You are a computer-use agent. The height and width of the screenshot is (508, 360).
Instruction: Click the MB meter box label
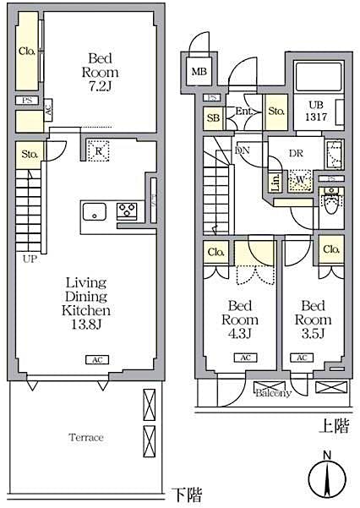(199, 71)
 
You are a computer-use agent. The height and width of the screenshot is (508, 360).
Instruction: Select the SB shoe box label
(214, 118)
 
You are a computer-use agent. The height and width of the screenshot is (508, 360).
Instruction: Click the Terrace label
(86, 437)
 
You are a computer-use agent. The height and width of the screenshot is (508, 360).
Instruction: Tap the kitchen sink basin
(93, 210)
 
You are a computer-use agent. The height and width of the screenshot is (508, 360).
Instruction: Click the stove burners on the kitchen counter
(127, 210)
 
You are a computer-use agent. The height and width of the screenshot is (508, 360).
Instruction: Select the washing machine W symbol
(300, 181)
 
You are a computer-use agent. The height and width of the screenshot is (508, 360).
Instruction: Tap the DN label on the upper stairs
(243, 150)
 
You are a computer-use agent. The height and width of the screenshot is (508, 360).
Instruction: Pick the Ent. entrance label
(246, 112)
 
